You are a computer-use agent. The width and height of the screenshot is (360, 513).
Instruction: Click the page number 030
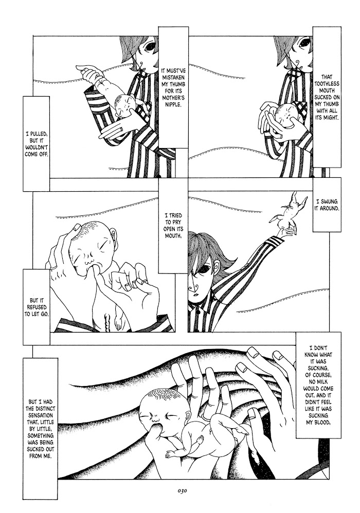coord(182,491)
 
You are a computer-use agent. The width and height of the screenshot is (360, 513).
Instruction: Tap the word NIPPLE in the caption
coord(173,105)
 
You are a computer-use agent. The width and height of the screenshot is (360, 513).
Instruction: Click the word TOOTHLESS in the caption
coord(327,84)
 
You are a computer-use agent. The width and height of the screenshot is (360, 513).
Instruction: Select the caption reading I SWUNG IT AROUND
coord(327,205)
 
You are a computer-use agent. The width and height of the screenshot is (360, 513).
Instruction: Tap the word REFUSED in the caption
coord(36,307)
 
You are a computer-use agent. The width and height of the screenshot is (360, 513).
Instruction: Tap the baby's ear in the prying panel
coord(114,234)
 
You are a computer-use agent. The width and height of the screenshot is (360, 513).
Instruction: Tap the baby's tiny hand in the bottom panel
coord(171,454)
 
